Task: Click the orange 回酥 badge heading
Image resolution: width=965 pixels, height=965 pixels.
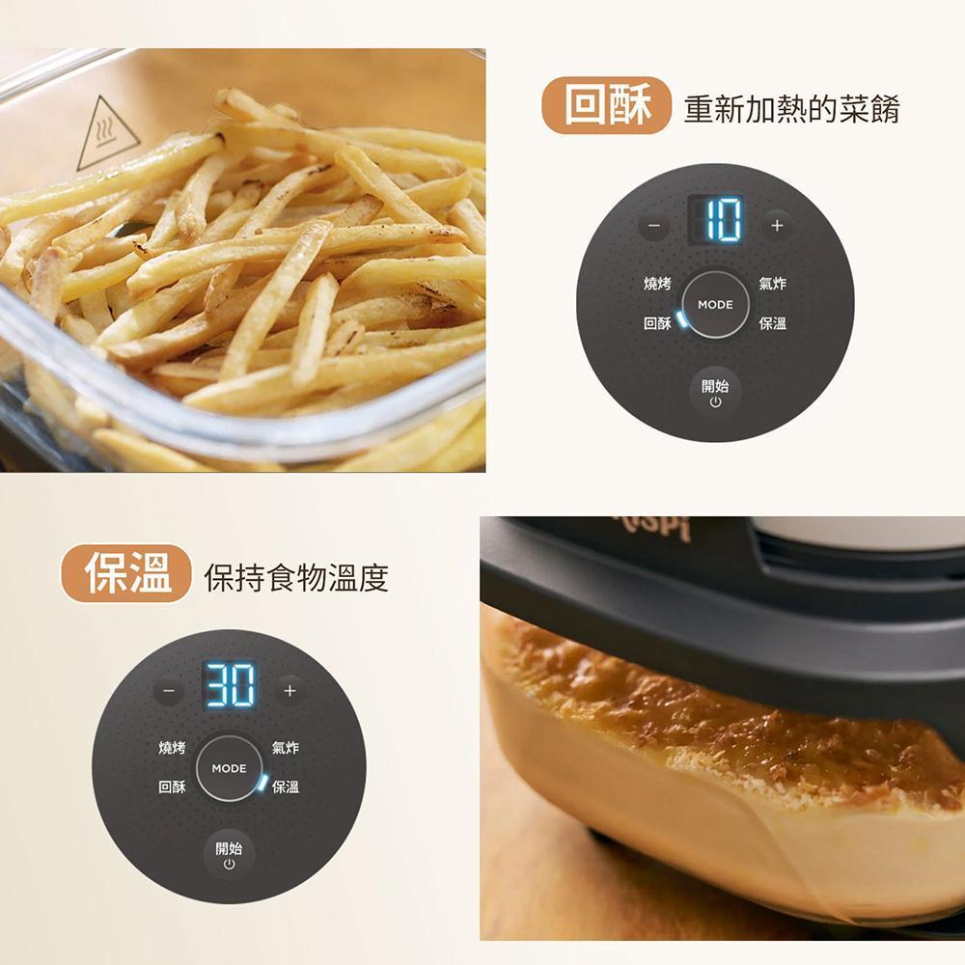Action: (606, 105)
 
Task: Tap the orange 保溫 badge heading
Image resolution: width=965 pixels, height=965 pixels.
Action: (126, 573)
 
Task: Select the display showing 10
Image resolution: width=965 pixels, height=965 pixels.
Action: (715, 219)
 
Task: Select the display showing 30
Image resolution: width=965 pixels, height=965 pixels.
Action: (230, 684)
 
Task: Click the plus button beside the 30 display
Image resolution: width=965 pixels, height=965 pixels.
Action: (289, 691)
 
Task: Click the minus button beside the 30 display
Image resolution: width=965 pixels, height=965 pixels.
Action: (169, 691)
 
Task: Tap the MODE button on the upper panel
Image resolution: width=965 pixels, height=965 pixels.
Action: (715, 304)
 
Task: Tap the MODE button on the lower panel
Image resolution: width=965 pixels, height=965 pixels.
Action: (229, 768)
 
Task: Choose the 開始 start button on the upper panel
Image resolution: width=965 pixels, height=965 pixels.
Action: (715, 393)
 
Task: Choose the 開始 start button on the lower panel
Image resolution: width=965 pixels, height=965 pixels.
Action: (229, 855)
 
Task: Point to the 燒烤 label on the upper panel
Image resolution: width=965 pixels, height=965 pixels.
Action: (657, 284)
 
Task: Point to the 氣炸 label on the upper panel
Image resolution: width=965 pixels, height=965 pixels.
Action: (772, 284)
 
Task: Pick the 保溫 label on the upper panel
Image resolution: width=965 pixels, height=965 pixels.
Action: (772, 323)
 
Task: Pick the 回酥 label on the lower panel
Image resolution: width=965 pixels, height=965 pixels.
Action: (172, 786)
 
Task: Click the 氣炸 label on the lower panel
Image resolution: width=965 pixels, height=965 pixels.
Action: (286, 748)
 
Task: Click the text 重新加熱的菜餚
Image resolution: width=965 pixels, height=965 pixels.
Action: (791, 109)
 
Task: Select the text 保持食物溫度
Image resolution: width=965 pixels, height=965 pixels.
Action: (296, 577)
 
